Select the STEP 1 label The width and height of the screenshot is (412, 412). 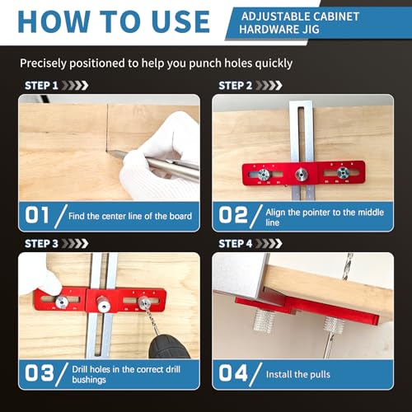pos(41,85)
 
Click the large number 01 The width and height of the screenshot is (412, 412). pos(37,216)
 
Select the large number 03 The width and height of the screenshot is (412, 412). pos(37,372)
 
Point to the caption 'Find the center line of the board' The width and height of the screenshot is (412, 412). pos(131,217)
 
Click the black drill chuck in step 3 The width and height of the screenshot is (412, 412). pos(169,338)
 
